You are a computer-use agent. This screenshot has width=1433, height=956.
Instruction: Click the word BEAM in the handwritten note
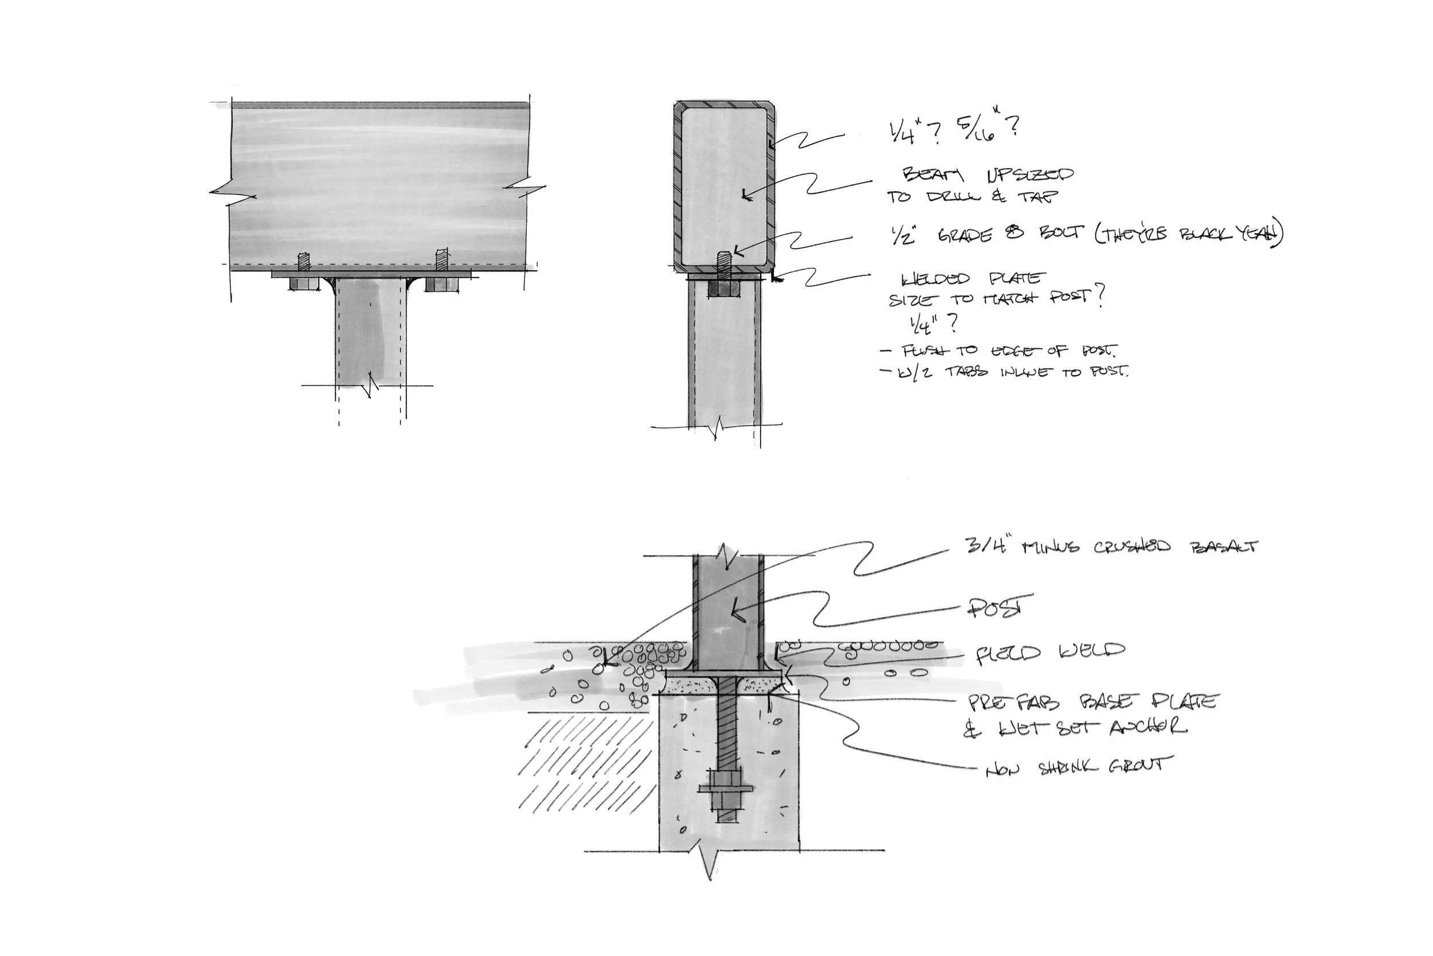point(932,175)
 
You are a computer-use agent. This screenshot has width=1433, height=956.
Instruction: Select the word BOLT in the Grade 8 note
point(1061,233)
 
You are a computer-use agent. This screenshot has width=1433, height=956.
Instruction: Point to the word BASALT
point(1223,547)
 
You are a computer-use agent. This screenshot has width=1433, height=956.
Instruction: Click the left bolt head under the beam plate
point(303,284)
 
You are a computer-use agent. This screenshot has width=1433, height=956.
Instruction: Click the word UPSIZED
point(1029,175)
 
